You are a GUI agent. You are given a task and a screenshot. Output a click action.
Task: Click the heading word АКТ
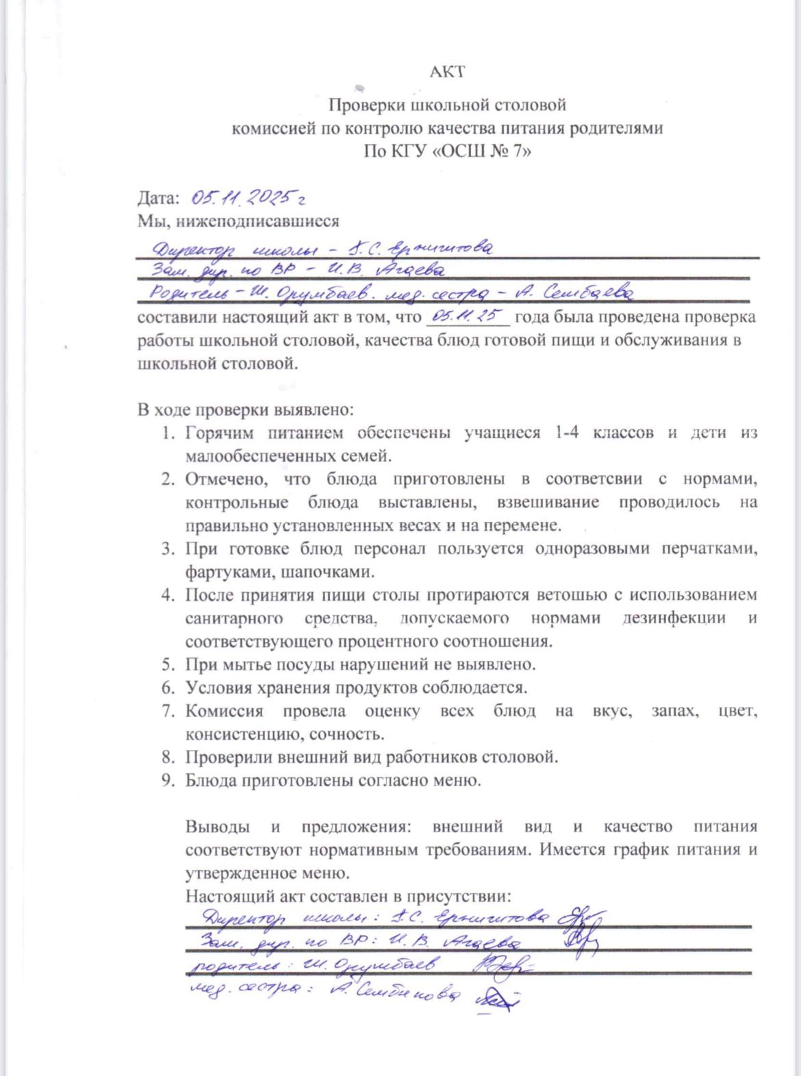tap(447, 71)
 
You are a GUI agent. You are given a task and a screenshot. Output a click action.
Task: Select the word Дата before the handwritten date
tap(157, 199)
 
